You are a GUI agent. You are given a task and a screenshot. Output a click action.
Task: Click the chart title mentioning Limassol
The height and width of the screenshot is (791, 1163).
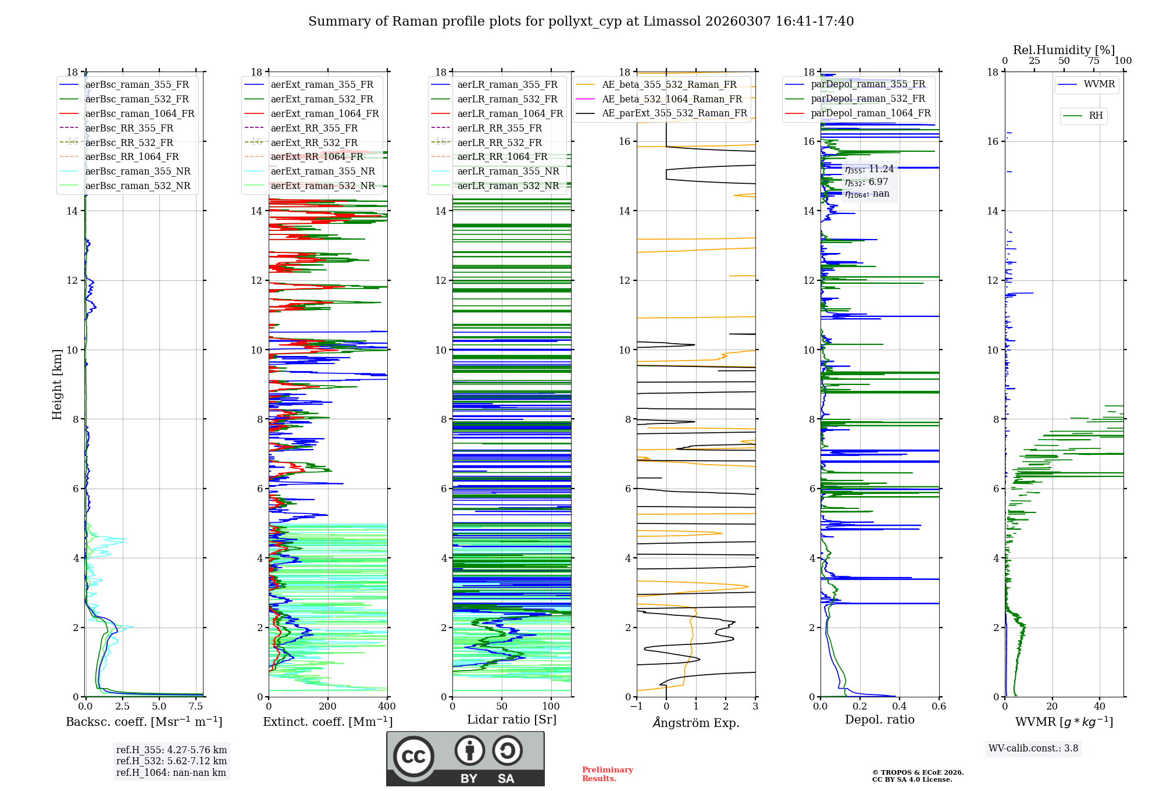[581, 22]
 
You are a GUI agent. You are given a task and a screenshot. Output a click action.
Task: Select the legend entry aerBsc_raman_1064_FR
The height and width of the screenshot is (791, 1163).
[140, 113]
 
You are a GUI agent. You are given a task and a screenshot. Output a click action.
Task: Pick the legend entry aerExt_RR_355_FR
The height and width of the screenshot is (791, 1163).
[314, 128]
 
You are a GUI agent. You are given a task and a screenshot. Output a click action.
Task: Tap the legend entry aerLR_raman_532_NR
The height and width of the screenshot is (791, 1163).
[508, 186]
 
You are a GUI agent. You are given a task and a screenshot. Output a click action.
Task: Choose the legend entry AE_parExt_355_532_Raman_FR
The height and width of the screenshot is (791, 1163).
[674, 113]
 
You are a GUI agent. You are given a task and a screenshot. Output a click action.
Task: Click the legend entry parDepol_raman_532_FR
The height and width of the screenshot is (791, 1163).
[868, 98]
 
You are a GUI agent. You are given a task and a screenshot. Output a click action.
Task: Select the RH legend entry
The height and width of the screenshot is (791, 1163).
[1096, 116]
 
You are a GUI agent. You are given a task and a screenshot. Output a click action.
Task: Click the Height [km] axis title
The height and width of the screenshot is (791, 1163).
[57, 384]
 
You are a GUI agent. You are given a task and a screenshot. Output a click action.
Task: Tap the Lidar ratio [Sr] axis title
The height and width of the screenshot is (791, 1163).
[512, 719]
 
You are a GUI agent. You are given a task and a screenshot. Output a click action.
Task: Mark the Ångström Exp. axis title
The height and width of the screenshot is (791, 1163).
[696, 722]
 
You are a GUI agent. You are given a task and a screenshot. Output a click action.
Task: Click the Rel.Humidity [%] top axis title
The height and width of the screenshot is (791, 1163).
[1064, 50]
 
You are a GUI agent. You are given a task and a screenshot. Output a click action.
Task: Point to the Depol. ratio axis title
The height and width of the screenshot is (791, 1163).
[879, 719]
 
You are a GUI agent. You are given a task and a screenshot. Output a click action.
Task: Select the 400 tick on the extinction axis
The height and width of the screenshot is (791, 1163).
[387, 707]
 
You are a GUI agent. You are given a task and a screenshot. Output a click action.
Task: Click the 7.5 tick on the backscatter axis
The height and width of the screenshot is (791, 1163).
[196, 707]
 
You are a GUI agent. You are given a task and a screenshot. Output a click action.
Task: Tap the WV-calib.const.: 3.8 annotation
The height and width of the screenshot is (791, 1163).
[1033, 749]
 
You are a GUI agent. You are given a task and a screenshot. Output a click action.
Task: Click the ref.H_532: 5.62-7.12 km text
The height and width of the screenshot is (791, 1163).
[172, 761]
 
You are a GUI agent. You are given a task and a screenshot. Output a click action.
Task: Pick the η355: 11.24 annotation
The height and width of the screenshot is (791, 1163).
[869, 169]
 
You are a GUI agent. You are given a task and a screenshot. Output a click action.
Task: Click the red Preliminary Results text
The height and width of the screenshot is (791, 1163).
[607, 774]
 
